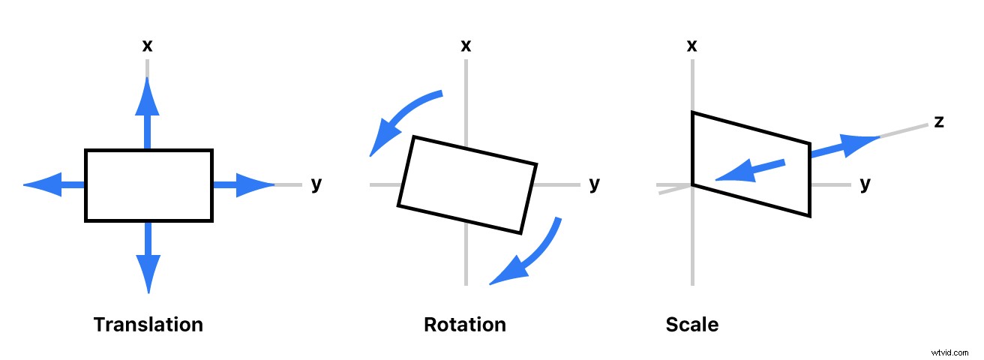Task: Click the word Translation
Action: [x=148, y=325]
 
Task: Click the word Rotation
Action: [x=465, y=325]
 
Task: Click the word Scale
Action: [x=691, y=325]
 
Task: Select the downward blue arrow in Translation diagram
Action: [x=148, y=259]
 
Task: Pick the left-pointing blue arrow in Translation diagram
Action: [x=54, y=184]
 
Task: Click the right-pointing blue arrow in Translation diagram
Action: [x=244, y=184]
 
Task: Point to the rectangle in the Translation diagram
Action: [x=148, y=185]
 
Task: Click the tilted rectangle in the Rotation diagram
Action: [x=467, y=184]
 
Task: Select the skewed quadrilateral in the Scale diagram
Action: [x=751, y=164]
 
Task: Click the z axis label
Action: [x=938, y=121]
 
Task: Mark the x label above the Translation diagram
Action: [x=148, y=46]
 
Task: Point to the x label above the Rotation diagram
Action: [x=466, y=46]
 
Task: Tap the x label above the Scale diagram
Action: [x=692, y=46]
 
